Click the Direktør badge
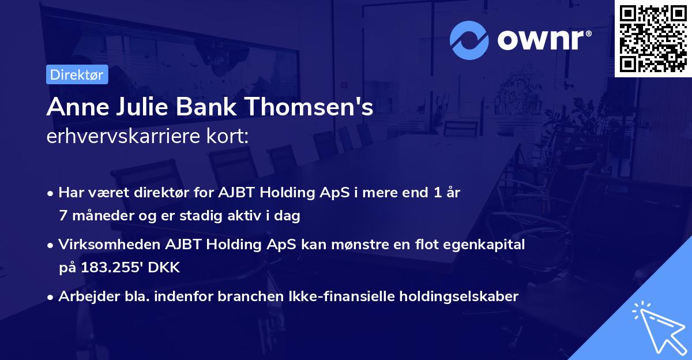[x=76, y=74]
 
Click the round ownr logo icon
[x=469, y=40]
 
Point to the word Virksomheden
[x=103, y=245]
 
